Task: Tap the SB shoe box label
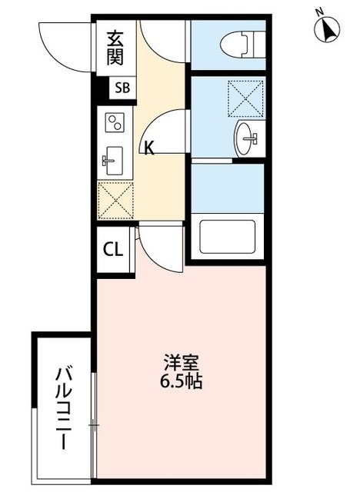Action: click(x=122, y=88)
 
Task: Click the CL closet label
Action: click(x=112, y=249)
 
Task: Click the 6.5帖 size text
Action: click(x=182, y=381)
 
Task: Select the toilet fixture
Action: click(x=238, y=43)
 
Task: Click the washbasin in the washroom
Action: click(x=248, y=137)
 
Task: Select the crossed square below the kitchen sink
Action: click(x=115, y=198)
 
